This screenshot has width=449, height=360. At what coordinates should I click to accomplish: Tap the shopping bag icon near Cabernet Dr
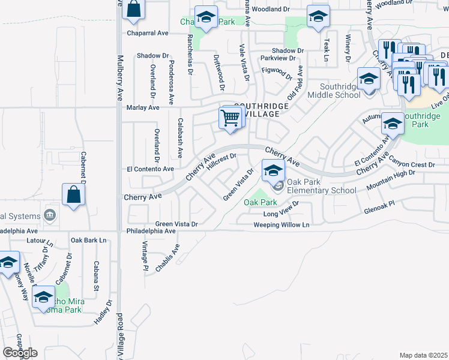pyautogui.click(x=73, y=196)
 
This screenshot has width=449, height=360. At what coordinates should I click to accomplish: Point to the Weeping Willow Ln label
pyautogui.click(x=281, y=225)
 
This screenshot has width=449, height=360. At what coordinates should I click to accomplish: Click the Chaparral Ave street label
pyautogui.click(x=148, y=34)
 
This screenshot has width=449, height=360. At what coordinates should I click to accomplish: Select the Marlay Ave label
pyautogui.click(x=143, y=108)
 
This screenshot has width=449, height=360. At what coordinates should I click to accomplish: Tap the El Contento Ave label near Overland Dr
pyautogui.click(x=149, y=169)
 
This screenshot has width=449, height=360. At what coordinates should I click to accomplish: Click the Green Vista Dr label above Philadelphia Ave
pyautogui.click(x=176, y=224)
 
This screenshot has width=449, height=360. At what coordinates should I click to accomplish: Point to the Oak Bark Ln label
pyautogui.click(x=88, y=240)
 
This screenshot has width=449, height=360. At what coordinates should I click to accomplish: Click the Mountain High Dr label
pyautogui.click(x=390, y=181)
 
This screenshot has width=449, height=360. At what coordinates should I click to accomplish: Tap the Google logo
pyautogui.click(x=20, y=353)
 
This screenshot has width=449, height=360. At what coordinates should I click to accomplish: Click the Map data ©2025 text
pyautogui.click(x=423, y=355)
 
